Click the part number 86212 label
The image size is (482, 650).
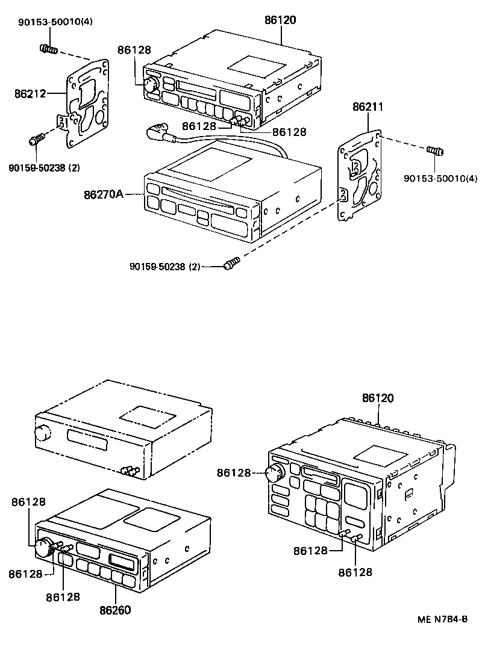(30, 93)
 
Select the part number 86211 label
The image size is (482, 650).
(368, 107)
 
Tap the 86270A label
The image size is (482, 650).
(104, 194)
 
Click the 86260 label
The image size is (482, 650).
(115, 610)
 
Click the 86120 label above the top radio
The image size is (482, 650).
(280, 20)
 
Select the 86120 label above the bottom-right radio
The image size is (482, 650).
(378, 398)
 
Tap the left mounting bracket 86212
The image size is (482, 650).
(86, 104)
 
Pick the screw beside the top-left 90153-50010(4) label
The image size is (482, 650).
(48, 48)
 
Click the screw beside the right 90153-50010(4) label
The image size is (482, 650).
(435, 150)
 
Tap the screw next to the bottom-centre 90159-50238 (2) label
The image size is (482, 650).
(232, 262)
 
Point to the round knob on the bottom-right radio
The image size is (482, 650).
(276, 472)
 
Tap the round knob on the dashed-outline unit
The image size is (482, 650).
(42, 432)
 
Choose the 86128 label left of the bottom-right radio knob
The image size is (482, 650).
(234, 474)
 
